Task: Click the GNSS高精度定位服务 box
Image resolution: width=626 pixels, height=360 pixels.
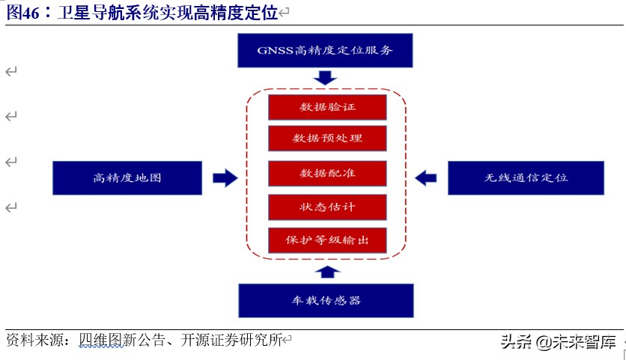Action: pos(325,51)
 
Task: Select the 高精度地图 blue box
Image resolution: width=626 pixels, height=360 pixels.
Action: pos(127,178)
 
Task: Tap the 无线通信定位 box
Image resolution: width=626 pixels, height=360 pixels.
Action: pos(526,178)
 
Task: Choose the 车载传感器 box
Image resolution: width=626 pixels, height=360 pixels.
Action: pos(326,300)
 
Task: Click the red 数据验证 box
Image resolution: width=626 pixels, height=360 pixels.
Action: pos(327,107)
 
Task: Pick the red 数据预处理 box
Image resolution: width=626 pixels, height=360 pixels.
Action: pos(327,138)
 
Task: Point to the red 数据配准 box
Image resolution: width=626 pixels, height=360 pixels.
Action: pos(327,173)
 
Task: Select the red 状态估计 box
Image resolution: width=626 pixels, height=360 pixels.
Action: pos(327,207)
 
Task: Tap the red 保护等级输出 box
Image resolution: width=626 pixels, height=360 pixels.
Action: pos(327,240)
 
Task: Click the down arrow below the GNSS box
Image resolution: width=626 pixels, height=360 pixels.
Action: pos(326,78)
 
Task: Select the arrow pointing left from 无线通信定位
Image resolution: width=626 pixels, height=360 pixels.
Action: pos(425,178)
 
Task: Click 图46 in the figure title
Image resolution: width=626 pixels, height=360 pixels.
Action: pos(23,13)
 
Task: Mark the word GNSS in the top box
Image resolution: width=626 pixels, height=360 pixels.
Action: pos(274,51)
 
